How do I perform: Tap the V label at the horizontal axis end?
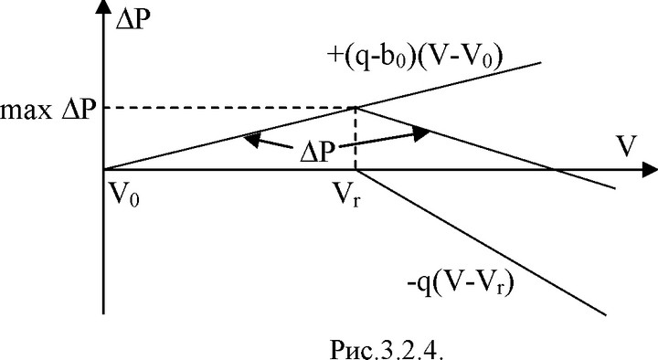pyautogui.click(x=626, y=146)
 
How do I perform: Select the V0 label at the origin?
pyautogui.click(x=124, y=195)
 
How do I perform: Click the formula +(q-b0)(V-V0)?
pyautogui.click(x=414, y=58)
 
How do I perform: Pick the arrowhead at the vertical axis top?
pyautogui.click(x=103, y=8)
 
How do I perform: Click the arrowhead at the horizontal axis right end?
pyautogui.click(x=650, y=170)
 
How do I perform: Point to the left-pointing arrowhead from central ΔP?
pyautogui.click(x=250, y=140)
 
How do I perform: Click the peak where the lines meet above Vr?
pyautogui.click(x=356, y=108)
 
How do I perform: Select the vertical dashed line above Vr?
pyautogui.click(x=356, y=139)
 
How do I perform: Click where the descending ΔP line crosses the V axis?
pyautogui.click(x=553, y=170)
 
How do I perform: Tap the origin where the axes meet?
pyautogui.click(x=103, y=170)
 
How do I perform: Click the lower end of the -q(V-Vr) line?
pyautogui.click(x=607, y=314)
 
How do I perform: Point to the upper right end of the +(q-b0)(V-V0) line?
pyautogui.click(x=541, y=62)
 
